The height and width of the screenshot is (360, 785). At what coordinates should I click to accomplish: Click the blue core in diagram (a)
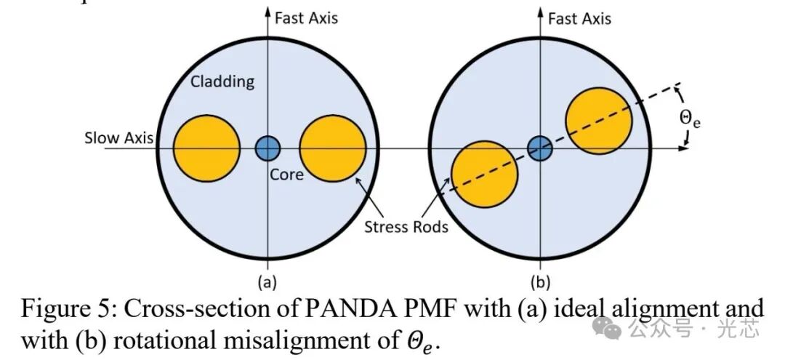267,148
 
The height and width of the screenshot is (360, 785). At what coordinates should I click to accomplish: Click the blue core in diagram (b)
539,148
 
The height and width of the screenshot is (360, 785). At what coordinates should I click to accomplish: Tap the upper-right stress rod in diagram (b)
599,120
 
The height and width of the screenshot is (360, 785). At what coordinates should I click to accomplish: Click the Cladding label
222,81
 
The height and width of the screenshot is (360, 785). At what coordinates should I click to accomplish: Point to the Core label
286,174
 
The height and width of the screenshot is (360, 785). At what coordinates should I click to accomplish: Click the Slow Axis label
118,137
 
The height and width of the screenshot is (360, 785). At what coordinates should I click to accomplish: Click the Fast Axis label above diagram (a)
306,17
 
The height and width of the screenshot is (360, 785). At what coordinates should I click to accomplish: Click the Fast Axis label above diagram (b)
579,17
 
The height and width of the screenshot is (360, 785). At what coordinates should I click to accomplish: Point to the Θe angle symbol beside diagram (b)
690,118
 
